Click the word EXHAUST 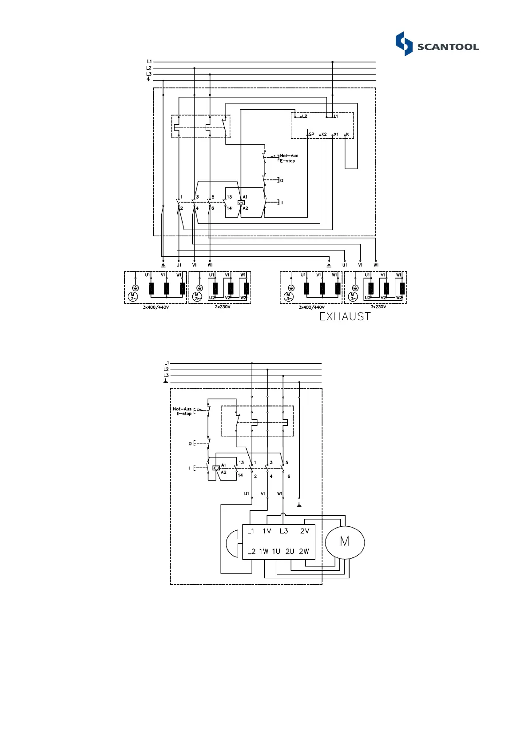tap(345, 317)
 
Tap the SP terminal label tap(311, 134)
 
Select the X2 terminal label tap(324, 134)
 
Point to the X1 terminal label tap(336, 134)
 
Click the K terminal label tap(347, 134)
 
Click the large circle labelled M tap(345, 542)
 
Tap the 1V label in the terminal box tap(266, 531)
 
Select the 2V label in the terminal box tap(304, 531)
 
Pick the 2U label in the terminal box tap(290, 552)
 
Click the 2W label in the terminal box tap(304, 552)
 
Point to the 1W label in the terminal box tap(264, 552)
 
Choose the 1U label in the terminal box tap(276, 552)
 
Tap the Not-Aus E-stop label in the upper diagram tap(289, 158)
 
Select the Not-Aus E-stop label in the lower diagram tap(183, 411)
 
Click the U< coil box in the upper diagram tap(241, 203)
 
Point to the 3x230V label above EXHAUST tap(378, 307)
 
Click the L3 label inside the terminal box tap(284, 531)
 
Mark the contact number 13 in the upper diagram tap(229, 197)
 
